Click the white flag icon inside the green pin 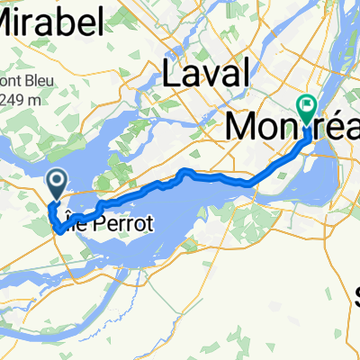point(308,104)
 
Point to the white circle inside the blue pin point(57,182)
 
